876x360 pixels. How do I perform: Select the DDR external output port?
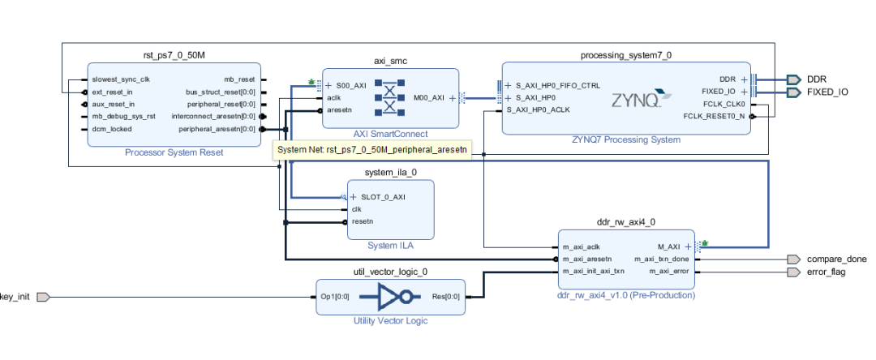pos(815,79)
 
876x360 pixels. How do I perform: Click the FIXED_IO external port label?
pos(827,92)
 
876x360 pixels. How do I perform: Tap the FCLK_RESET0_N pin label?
pos(715,117)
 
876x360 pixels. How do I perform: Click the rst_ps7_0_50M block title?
pos(174,56)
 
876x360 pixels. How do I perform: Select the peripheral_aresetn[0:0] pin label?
pos(217,129)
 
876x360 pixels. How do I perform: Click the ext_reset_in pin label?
pos(114,92)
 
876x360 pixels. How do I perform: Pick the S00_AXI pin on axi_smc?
pos(350,84)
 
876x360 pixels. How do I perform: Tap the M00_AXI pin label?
pos(429,97)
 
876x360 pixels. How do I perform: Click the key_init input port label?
pos(15,297)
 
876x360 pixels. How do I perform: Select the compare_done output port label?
pos(836,259)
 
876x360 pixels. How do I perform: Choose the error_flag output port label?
pos(828,272)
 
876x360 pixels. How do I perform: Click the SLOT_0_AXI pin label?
pos(377,197)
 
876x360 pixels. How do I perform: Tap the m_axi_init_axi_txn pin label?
pos(594,271)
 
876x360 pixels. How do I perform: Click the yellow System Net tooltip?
pos(373,150)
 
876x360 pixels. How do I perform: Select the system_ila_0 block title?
pos(391,173)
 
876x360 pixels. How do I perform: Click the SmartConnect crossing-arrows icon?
pos(389,97)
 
